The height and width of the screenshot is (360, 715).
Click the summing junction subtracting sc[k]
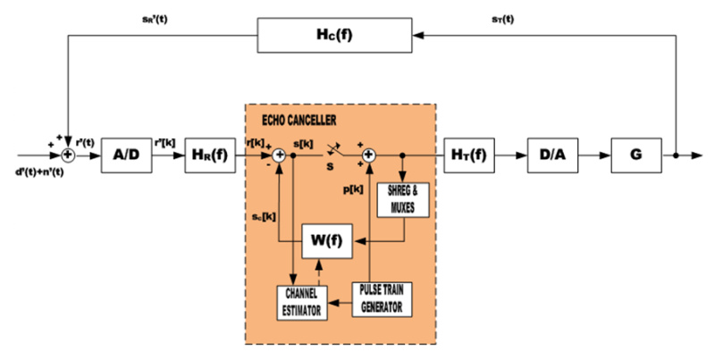[x=280, y=155]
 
